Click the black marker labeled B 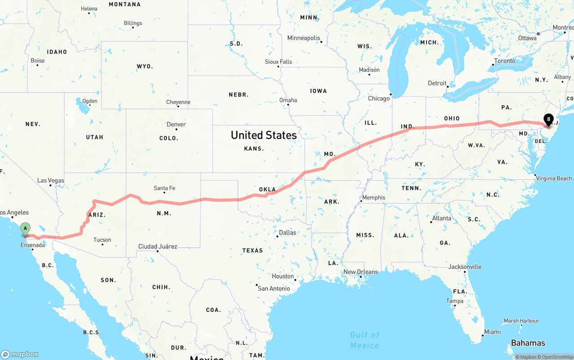click(x=548, y=120)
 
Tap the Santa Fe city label click(x=164, y=188)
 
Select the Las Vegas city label click(x=51, y=181)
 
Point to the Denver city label click(x=176, y=124)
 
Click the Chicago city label click(x=379, y=98)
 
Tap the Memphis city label click(x=374, y=198)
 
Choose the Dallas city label click(x=287, y=233)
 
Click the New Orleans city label click(x=361, y=272)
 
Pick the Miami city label click(x=492, y=332)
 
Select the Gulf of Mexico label click(x=365, y=340)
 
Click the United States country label click(x=264, y=135)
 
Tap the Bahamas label click(x=528, y=343)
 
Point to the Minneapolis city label click(x=304, y=38)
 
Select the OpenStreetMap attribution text click(x=557, y=357)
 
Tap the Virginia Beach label click(x=554, y=178)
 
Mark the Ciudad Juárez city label click(x=157, y=247)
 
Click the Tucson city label click(x=102, y=240)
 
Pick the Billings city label click(x=133, y=23)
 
